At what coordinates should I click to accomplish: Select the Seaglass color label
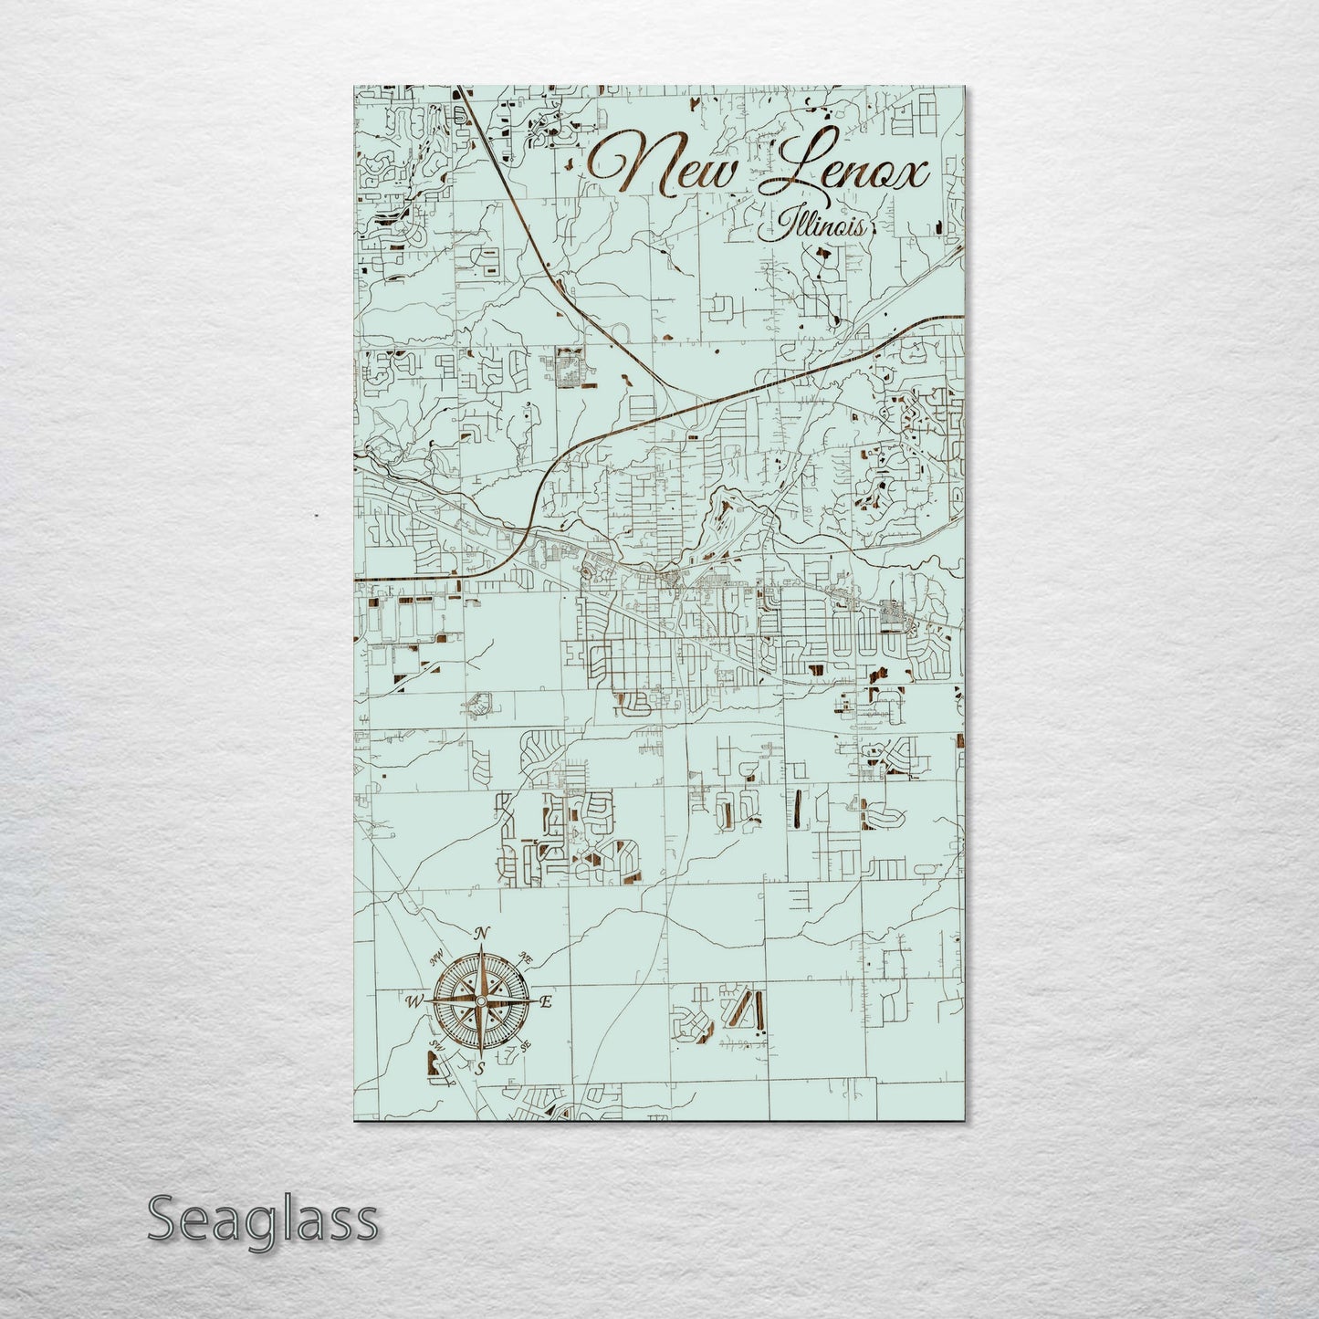point(262,1220)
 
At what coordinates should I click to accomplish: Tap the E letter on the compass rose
point(546,1002)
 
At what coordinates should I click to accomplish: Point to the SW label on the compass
point(436,1046)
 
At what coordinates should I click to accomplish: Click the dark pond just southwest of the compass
point(431,1063)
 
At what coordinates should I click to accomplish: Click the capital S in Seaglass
point(162,1219)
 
